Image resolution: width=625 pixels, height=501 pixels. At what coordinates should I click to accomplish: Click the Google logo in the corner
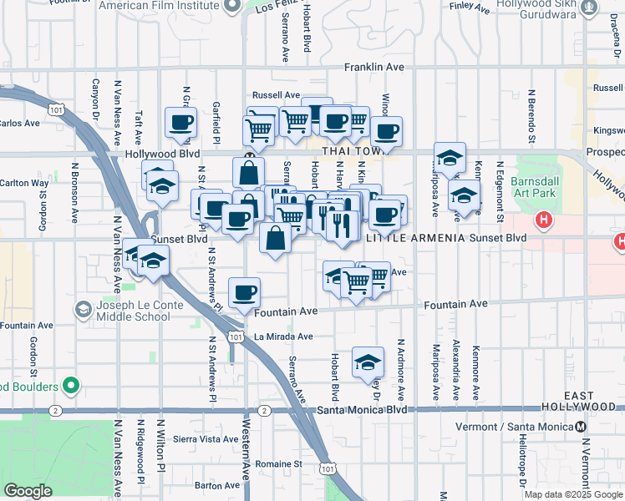(28, 491)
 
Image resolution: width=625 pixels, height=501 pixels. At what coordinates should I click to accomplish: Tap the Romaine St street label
(279, 463)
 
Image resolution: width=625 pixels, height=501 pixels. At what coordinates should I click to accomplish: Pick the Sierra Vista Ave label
(206, 438)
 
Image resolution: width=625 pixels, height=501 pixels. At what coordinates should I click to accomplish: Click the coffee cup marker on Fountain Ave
(245, 292)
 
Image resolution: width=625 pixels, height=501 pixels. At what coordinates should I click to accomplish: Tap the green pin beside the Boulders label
(71, 387)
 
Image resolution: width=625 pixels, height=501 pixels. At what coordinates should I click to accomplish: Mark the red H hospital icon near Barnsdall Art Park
(544, 221)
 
